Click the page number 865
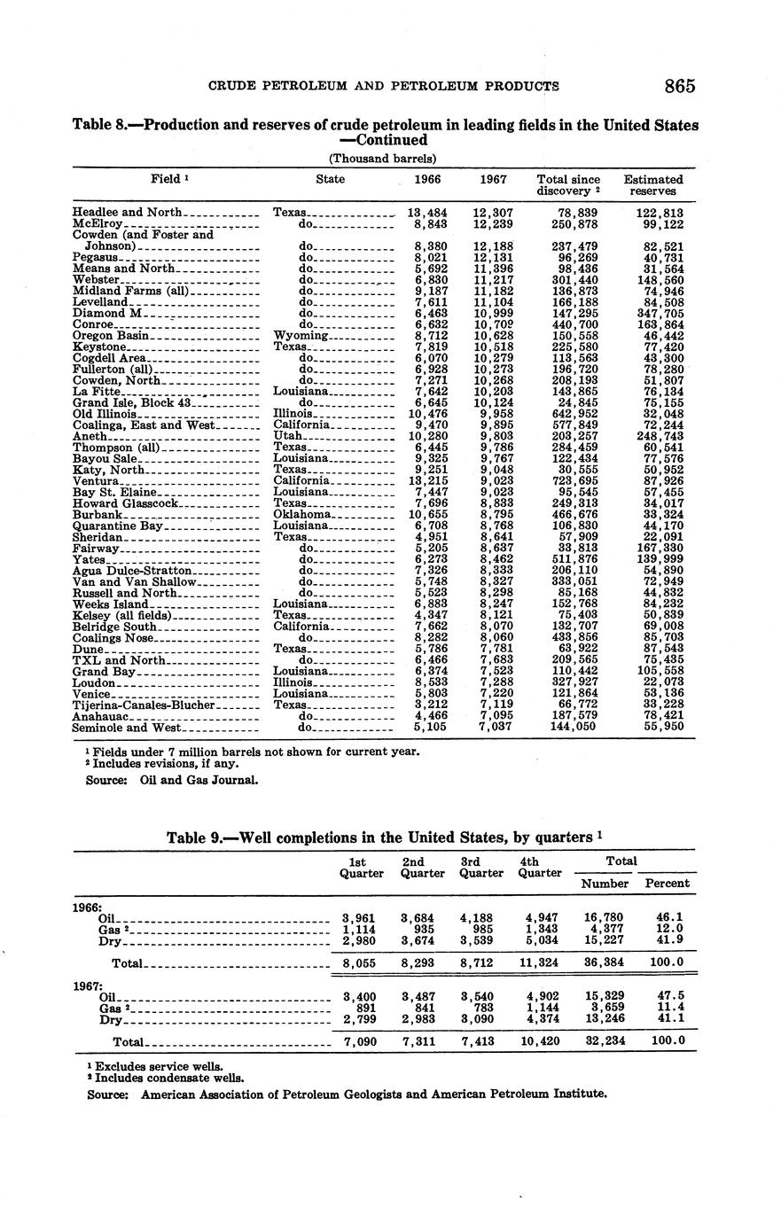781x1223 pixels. [x=678, y=86]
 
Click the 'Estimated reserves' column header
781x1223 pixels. [x=652, y=184]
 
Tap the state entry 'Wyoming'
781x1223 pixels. [x=301, y=336]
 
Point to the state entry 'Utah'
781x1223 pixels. [x=288, y=436]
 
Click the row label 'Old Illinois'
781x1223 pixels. [x=105, y=414]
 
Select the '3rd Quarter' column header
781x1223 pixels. [x=481, y=867]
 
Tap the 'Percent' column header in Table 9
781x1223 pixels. [x=667, y=884]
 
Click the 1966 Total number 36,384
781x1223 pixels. [x=605, y=962]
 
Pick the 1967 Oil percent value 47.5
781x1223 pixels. [x=667, y=996]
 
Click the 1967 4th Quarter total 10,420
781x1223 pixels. [x=541, y=1041]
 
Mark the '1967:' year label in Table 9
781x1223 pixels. [x=88, y=985]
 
